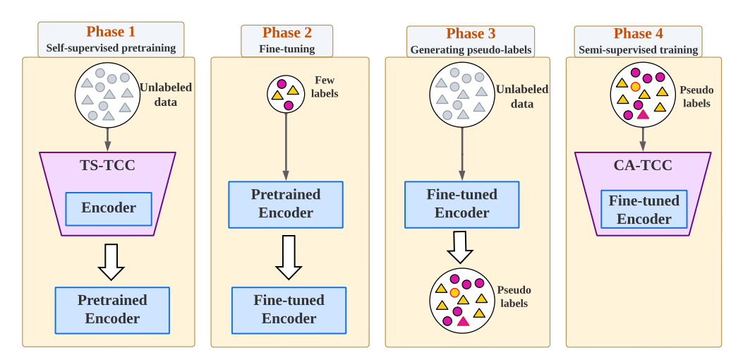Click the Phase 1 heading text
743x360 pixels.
pyautogui.click(x=110, y=32)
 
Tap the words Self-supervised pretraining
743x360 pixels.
pyautogui.click(x=111, y=48)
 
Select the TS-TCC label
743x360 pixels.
pyautogui.click(x=107, y=166)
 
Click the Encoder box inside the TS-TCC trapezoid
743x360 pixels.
pyautogui.click(x=109, y=209)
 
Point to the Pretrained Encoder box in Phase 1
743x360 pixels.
pyautogui.click(x=112, y=310)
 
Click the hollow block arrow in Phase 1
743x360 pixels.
pyautogui.click(x=111, y=262)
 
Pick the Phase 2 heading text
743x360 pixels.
pyautogui.click(x=287, y=32)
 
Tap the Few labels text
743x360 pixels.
pyautogui.click(x=325, y=88)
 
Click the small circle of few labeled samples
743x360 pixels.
pyautogui.click(x=286, y=94)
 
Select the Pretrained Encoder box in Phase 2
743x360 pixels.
pyautogui.click(x=286, y=205)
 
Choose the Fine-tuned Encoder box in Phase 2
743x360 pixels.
pyautogui.click(x=289, y=310)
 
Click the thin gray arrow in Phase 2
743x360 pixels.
pyautogui.click(x=286, y=147)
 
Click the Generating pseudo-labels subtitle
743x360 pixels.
pyautogui.click(x=471, y=50)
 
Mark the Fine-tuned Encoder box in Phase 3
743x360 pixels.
pyautogui.click(x=461, y=205)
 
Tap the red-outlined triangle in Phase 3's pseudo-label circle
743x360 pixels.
pyautogui.click(x=463, y=321)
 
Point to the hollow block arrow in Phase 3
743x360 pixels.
pyautogui.click(x=459, y=247)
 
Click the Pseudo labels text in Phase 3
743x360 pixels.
pyautogui.click(x=514, y=296)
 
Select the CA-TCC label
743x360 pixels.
pyautogui.click(x=643, y=166)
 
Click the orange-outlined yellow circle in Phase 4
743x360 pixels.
pyautogui.click(x=636, y=86)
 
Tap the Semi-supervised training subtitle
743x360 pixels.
pyautogui.click(x=639, y=50)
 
